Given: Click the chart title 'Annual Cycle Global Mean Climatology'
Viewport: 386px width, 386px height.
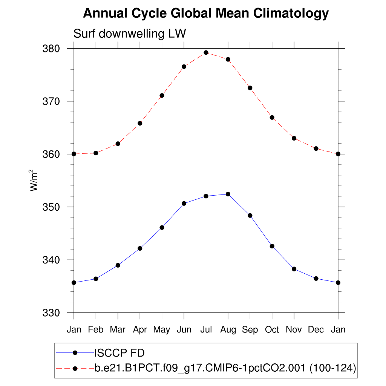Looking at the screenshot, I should pyautogui.click(x=206, y=14).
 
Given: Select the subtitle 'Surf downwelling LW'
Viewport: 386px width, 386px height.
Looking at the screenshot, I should pyautogui.click(x=130, y=34).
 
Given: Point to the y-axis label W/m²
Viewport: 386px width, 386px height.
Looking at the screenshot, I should pyautogui.click(x=35, y=181).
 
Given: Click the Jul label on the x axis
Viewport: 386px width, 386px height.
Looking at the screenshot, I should pyautogui.click(x=206, y=329).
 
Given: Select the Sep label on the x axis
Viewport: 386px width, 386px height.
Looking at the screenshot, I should pyautogui.click(x=250, y=330).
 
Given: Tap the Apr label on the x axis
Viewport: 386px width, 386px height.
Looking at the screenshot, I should pyautogui.click(x=140, y=330).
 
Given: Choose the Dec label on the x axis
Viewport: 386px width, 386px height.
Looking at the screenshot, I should pyautogui.click(x=316, y=329).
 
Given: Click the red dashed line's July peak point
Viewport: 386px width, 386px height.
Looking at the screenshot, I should pyautogui.click(x=206, y=52).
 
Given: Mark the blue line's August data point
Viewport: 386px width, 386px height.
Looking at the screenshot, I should pyautogui.click(x=228, y=194).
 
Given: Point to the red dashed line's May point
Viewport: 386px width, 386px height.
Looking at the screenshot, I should pyautogui.click(x=162, y=95).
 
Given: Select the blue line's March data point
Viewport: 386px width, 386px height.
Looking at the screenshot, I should pyautogui.click(x=118, y=265).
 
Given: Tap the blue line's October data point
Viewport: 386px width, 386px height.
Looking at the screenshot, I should pyautogui.click(x=272, y=246).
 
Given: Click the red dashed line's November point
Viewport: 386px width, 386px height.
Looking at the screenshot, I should pyautogui.click(x=294, y=138).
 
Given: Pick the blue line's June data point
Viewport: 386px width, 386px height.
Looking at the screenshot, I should pyautogui.click(x=184, y=203).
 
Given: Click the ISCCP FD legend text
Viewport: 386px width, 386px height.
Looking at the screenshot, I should pyautogui.click(x=119, y=353).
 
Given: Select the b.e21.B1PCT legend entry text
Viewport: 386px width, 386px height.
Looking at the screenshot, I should pyautogui.click(x=225, y=368).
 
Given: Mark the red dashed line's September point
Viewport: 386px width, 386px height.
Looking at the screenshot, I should pyautogui.click(x=250, y=88).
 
